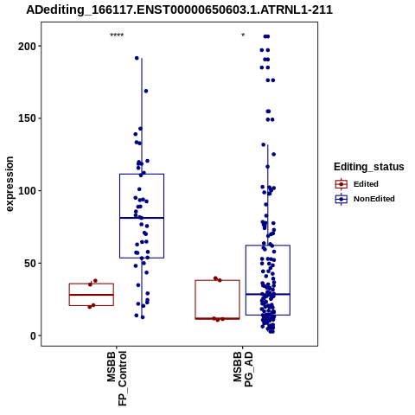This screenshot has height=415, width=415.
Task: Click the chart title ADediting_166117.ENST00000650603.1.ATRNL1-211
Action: coord(179,10)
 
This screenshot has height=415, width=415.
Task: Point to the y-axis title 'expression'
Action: coord(10,184)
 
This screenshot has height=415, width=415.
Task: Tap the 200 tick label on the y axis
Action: coord(26,46)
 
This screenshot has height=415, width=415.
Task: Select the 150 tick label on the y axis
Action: coord(26,118)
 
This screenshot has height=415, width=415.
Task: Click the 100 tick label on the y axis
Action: coord(26,191)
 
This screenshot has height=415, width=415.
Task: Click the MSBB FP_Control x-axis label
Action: coord(117,379)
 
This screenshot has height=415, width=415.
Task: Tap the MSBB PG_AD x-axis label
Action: coord(243,369)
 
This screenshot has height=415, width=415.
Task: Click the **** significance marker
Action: coord(117,35)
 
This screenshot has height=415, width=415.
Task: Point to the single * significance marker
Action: coord(243,35)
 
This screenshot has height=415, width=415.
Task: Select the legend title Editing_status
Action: coord(369,167)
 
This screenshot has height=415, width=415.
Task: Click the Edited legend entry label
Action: coord(366,184)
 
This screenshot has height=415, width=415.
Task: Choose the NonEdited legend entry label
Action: coord(374,199)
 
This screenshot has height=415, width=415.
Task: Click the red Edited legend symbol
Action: coord(342,184)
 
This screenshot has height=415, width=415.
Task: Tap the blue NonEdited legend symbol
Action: coord(342,199)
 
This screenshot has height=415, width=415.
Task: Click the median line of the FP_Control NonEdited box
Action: coord(142,218)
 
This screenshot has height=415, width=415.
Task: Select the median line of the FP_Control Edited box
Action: coord(92,295)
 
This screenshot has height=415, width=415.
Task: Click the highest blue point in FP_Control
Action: coord(137,58)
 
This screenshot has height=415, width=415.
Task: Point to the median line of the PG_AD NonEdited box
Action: coord(268,294)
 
